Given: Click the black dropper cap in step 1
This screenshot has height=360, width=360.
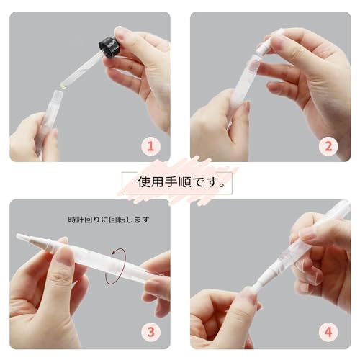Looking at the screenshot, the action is pos(109,48).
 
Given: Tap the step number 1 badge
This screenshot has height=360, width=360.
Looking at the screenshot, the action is pos(150,146).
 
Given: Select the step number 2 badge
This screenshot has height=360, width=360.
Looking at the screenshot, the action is pos(328,146).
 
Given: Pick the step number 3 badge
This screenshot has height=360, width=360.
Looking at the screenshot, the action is pos(150,332).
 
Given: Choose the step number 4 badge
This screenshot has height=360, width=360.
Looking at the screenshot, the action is pos(328,332).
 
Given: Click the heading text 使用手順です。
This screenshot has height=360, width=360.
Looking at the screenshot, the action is pos(181,183).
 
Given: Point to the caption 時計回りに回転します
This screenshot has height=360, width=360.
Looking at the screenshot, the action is pos(109,220).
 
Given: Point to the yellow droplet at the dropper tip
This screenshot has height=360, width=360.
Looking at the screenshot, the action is pos(63,86).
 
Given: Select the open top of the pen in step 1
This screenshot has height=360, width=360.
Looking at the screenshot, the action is pos(57,93).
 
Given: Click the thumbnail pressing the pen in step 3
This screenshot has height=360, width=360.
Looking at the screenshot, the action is pos(65,256).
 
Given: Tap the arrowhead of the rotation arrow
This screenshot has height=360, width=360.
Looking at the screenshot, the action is pos(114,253).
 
